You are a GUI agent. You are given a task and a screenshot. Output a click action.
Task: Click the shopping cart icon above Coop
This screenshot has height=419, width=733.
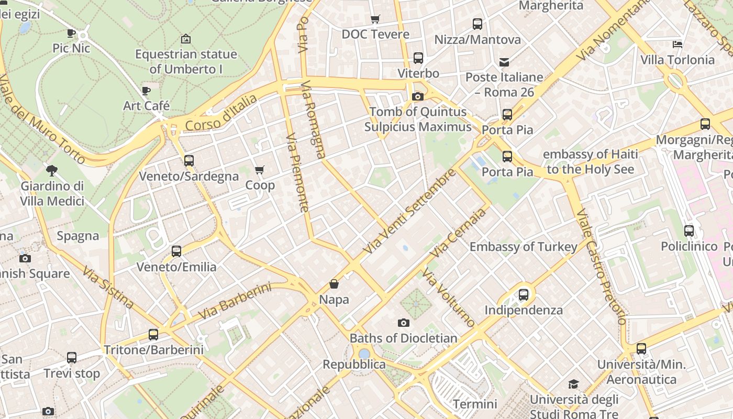[x=259, y=170]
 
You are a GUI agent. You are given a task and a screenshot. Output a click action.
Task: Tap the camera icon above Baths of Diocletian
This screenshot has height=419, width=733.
[x=403, y=323]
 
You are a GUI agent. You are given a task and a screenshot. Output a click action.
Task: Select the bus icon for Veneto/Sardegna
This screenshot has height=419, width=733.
[x=189, y=161]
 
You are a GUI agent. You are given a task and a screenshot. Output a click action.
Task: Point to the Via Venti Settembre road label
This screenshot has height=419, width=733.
[x=410, y=212]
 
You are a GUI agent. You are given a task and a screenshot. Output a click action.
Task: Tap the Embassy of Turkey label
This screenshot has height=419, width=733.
[x=523, y=247]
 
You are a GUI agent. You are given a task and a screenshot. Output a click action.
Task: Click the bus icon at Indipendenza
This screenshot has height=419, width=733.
[x=523, y=294]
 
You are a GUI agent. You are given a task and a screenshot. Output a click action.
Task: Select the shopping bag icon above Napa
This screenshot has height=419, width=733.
[x=334, y=284]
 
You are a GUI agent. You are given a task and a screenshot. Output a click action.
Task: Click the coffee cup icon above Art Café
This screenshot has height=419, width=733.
[x=146, y=91]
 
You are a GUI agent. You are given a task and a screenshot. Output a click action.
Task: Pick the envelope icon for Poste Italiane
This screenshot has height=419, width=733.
[x=504, y=62]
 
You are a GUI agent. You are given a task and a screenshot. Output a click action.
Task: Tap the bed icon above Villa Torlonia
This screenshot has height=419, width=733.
[x=678, y=45]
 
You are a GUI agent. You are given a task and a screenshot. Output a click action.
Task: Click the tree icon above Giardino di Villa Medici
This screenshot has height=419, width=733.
[x=52, y=170]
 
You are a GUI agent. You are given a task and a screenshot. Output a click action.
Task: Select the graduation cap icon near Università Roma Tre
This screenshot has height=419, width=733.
[x=574, y=384]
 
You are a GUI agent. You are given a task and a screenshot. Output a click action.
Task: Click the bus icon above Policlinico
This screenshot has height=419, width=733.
[x=689, y=230]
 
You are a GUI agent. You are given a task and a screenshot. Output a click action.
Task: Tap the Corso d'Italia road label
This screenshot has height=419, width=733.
[x=221, y=113]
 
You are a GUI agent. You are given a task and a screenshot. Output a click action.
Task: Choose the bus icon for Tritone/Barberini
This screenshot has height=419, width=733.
[x=153, y=334]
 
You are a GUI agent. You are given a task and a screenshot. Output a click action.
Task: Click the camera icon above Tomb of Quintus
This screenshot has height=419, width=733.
[x=417, y=96]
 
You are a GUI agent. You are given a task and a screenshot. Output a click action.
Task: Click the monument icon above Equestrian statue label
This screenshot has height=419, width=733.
[x=186, y=39]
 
